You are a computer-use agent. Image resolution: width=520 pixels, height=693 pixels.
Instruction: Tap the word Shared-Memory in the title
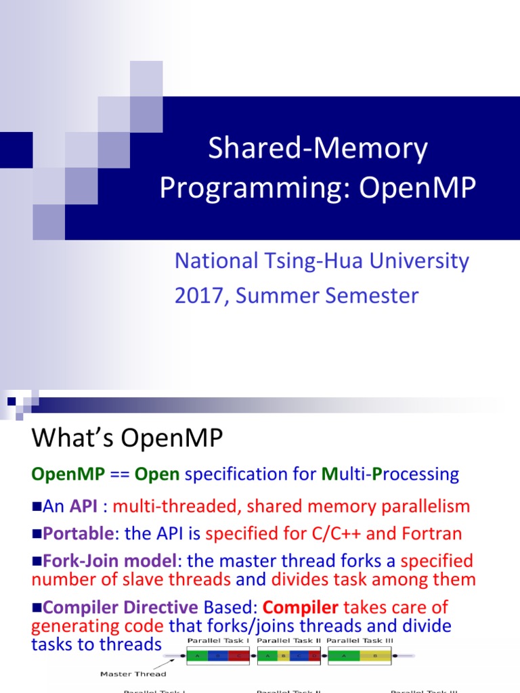318,148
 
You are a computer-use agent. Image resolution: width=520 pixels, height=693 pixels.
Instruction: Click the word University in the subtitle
414,261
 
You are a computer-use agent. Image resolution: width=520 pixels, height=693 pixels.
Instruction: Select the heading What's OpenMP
127,439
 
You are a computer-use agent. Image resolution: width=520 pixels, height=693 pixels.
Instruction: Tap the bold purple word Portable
77,533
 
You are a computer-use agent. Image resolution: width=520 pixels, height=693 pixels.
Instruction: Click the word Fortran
432,533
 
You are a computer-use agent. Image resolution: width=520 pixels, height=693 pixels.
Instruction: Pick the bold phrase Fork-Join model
112,560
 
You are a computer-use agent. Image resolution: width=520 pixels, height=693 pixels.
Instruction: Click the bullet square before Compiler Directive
37,608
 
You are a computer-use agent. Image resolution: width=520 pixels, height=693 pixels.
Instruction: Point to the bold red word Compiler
300,607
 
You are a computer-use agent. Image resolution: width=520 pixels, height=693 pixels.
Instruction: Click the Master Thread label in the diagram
133,673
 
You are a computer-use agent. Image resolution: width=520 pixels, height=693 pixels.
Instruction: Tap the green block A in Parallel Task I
197,655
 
